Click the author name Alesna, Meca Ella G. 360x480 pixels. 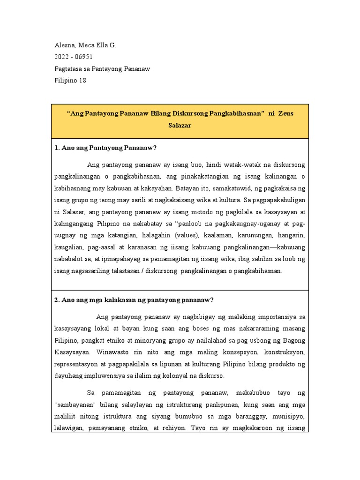point(85,45)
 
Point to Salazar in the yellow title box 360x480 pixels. point(180,127)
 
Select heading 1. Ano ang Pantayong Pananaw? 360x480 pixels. point(105,148)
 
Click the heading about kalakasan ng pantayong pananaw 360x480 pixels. point(134,300)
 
